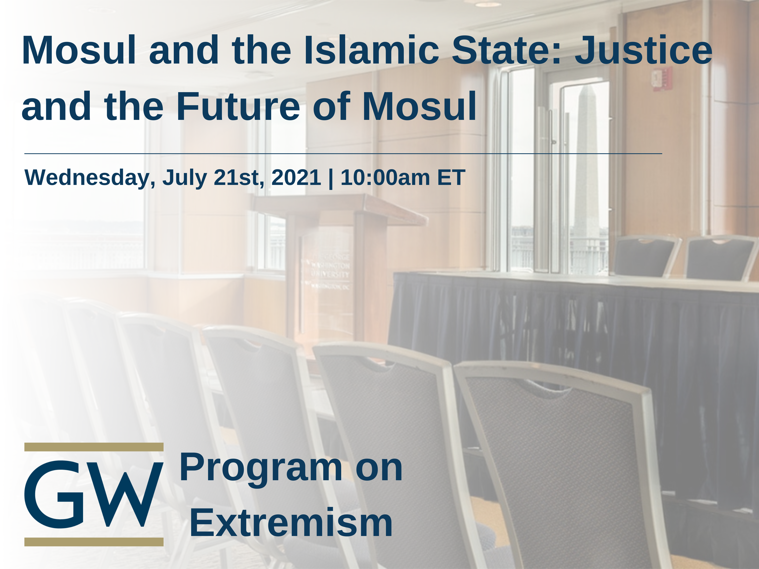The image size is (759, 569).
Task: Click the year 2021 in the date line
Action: pos(296,178)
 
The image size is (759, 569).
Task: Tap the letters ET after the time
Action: pos(451,178)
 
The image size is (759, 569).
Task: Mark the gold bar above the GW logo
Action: pos(94,447)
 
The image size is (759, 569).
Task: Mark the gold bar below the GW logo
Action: pos(94,541)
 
